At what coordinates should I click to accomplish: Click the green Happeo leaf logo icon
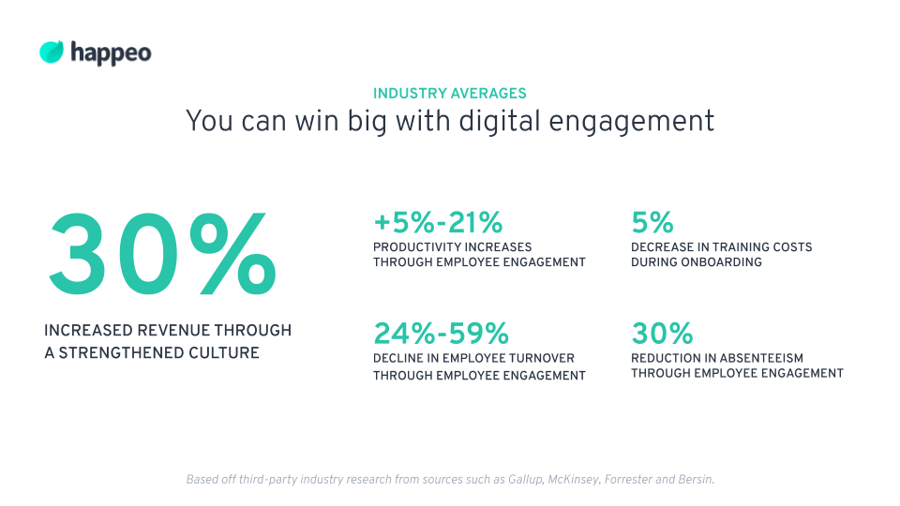52,52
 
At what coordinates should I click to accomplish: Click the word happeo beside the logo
111,53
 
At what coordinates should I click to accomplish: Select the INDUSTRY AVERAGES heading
449,94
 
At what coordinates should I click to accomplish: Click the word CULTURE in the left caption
224,353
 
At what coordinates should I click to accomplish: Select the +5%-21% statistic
438,223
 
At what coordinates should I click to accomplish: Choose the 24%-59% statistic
441,333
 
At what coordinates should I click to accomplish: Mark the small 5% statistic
652,223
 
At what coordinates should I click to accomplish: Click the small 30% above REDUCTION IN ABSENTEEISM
662,333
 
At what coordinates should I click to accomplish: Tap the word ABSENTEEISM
758,358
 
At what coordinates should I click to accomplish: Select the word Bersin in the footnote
695,480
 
